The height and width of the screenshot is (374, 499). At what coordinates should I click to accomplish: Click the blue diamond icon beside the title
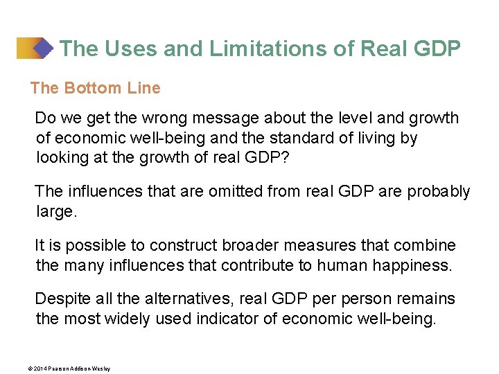coord(44,48)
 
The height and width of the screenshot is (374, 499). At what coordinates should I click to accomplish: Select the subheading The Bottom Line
coord(95,88)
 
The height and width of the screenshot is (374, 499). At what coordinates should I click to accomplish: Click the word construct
coord(184,245)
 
